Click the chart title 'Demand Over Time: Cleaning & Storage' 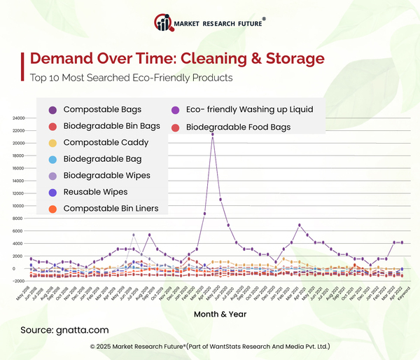(176, 57)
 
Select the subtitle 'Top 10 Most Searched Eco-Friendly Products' (131, 78)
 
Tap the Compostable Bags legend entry (101, 110)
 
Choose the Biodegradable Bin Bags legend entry (111, 127)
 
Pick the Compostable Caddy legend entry (105, 143)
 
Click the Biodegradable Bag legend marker (53, 160)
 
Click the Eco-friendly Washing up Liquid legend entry (249, 110)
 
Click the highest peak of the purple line (212, 134)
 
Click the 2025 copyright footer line (210, 347)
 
